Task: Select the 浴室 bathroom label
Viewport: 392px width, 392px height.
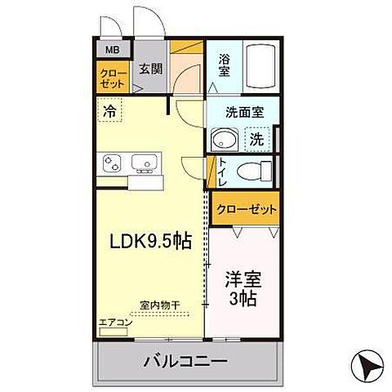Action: click(223, 65)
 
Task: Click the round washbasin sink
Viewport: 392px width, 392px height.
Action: click(220, 140)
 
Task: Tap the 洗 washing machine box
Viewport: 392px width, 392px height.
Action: click(256, 139)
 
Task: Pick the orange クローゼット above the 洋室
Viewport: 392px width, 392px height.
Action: click(246, 209)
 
